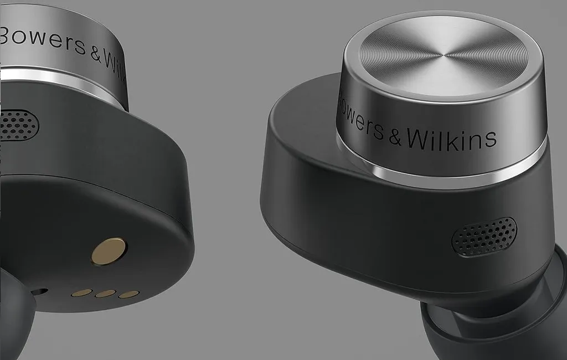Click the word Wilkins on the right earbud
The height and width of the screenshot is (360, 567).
click(451, 137)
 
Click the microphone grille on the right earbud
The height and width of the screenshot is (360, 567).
click(484, 236)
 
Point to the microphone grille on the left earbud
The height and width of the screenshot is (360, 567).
click(19, 124)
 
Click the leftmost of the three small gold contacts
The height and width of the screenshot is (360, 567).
click(82, 292)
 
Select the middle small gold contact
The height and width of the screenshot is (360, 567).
click(105, 294)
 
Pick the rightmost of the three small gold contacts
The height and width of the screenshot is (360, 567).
click(128, 295)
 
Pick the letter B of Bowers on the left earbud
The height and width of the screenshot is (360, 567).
click(7, 36)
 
